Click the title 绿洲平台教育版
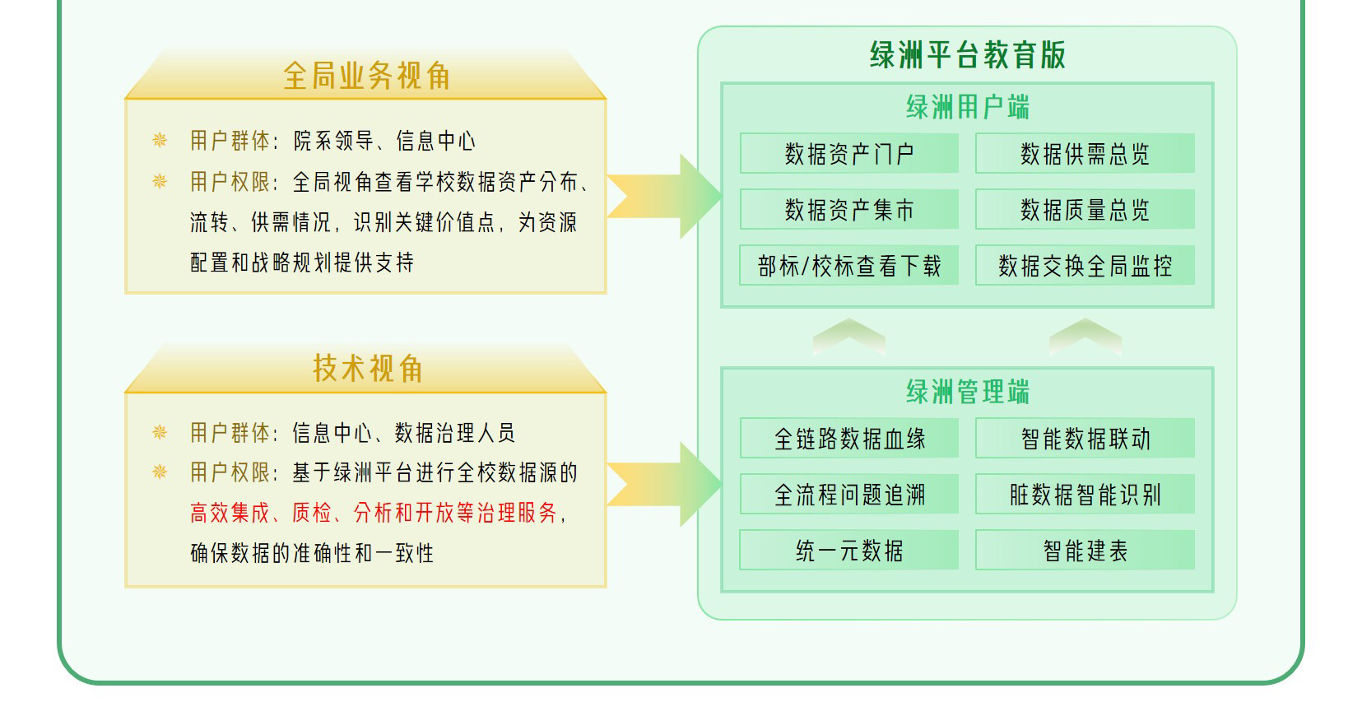(x=967, y=54)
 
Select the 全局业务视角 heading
(x=367, y=77)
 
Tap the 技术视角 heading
(x=367, y=369)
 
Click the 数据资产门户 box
(x=848, y=154)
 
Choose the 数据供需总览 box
(x=1085, y=154)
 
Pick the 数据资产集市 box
(x=848, y=210)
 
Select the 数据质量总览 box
(x=1085, y=210)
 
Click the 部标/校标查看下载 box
(x=848, y=266)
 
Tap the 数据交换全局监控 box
(x=1085, y=266)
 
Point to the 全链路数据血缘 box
(x=848, y=438)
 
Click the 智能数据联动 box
(x=1085, y=438)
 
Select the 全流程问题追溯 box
(x=848, y=494)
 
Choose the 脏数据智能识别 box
(x=1085, y=494)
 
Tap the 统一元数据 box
(x=848, y=550)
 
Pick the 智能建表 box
(x=1085, y=550)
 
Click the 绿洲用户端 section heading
(x=967, y=107)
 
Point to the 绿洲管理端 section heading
(x=967, y=392)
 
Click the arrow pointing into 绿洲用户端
(x=665, y=197)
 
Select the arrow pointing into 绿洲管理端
(x=665, y=485)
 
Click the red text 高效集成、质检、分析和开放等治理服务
(x=374, y=513)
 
